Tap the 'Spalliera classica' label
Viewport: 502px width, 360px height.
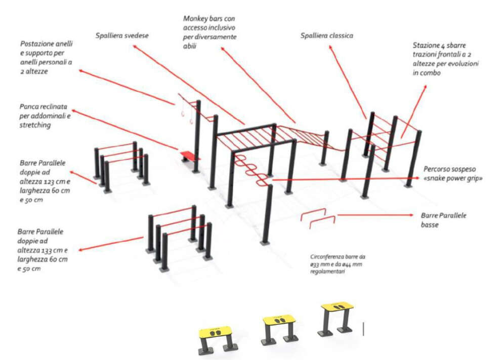326,36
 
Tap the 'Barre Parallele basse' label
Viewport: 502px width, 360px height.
444,220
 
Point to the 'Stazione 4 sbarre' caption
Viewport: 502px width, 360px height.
445,59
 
